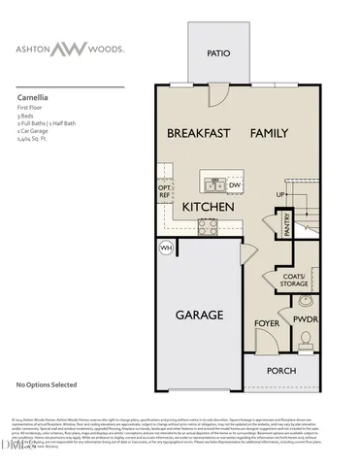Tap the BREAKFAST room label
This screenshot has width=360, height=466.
click(x=198, y=133)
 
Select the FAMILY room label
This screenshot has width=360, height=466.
click(x=271, y=133)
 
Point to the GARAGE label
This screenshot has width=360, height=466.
click(x=199, y=315)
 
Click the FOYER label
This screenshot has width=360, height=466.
click(x=267, y=322)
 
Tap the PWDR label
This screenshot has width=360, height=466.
click(x=307, y=317)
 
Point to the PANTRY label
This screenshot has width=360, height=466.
click(x=288, y=224)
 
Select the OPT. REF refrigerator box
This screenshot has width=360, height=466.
click(x=165, y=190)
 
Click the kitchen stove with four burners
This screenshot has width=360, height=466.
click(x=208, y=227)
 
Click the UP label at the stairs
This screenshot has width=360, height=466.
click(x=281, y=194)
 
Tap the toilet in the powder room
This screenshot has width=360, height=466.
click(x=306, y=339)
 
